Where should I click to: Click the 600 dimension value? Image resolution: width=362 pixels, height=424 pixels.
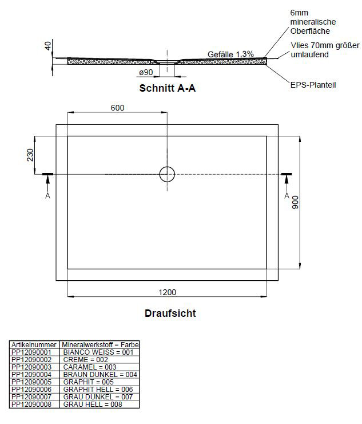(x=117, y=108)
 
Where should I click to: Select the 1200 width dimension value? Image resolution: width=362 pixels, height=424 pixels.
(x=168, y=292)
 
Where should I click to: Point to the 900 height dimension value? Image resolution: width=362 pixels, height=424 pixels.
(x=295, y=202)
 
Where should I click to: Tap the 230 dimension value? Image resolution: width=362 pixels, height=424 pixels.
(x=30, y=155)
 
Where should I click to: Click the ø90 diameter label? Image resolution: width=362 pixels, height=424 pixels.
(x=146, y=72)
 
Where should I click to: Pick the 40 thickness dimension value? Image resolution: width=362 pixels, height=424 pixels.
(x=48, y=46)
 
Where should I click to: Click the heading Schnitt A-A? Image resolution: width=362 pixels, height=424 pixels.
(x=168, y=88)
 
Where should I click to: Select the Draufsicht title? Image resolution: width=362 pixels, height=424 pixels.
(x=170, y=313)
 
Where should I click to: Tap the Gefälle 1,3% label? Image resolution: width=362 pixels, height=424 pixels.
(x=230, y=54)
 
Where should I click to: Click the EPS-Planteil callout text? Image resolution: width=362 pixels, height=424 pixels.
(x=313, y=85)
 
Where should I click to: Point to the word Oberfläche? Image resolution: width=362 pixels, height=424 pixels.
(x=310, y=31)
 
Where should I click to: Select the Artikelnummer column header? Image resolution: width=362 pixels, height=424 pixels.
(x=34, y=345)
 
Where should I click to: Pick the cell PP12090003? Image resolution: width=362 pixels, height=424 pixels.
(x=31, y=367)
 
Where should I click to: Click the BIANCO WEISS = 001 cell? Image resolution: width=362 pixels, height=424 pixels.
(x=98, y=352)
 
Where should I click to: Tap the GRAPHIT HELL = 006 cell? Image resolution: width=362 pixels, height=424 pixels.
(x=98, y=390)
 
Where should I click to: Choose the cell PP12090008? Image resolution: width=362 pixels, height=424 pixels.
(x=31, y=405)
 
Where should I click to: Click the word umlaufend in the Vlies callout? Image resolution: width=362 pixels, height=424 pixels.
(x=309, y=54)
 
